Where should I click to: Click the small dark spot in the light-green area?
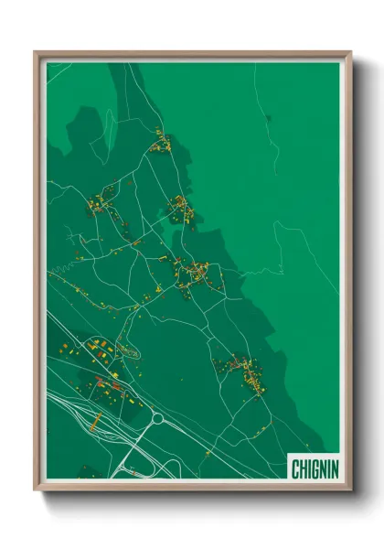click(268, 118)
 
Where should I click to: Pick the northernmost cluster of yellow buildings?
click(163, 142)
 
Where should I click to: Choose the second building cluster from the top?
click(180, 209)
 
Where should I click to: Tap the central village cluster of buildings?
click(197, 273)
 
